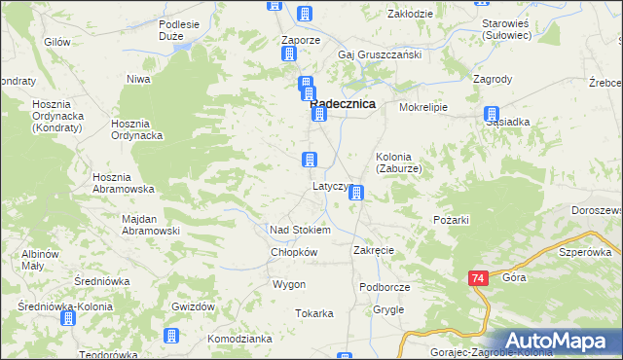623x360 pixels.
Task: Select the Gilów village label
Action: (57, 43)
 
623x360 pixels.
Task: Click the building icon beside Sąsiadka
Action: (494, 114)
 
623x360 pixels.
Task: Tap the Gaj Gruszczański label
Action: (380, 54)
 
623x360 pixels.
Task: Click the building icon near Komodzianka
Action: (172, 336)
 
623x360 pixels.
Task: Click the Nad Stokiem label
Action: (300, 230)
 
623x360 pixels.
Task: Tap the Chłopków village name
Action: (294, 252)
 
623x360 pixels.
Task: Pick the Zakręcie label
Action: (373, 250)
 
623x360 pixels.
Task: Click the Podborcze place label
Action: (384, 287)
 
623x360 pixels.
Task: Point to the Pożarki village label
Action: (451, 220)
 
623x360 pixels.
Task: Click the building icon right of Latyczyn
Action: (357, 193)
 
